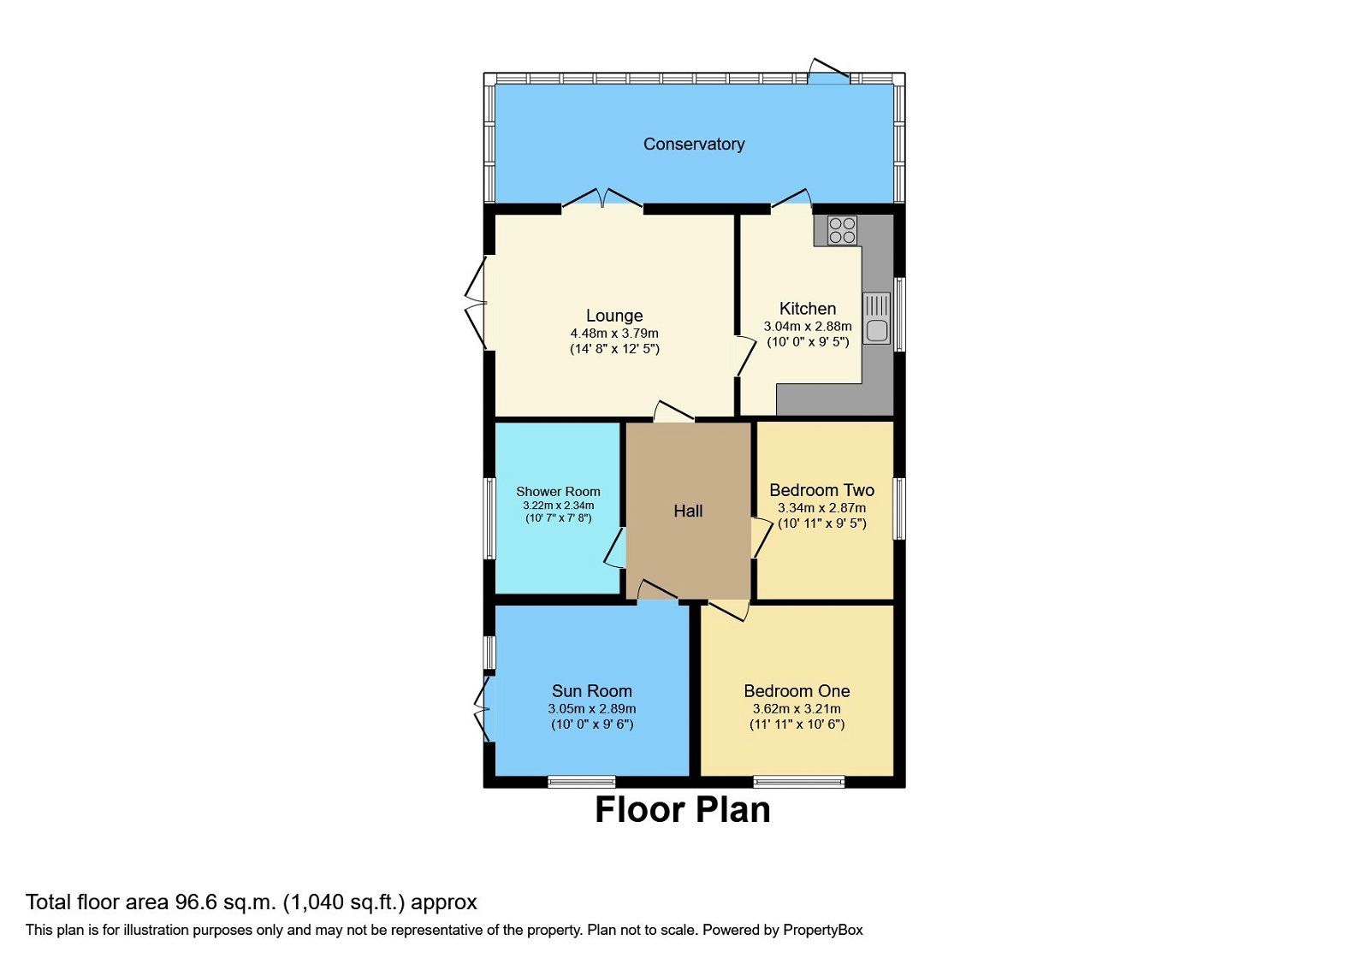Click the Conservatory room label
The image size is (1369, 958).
pos(693,144)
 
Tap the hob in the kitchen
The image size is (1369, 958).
pos(842,231)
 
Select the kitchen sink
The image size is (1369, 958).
pos(876,317)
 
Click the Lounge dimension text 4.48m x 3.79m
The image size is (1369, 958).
pos(614,334)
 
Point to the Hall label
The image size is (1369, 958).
pos(688,511)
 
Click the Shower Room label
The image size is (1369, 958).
pos(558,491)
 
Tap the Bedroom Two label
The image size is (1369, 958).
pos(821,490)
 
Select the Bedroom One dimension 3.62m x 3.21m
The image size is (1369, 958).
pos(797,708)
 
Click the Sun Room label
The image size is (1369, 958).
pos(591,690)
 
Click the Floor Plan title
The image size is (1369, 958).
pos(682,809)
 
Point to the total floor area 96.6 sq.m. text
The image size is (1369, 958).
pos(251,902)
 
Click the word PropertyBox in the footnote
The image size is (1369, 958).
pos(822,930)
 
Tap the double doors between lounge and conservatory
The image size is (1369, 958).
pos(602,198)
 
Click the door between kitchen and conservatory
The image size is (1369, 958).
pos(791,200)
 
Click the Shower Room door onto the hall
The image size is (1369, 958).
pos(614,548)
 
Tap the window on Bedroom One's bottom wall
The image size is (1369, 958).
pos(798,781)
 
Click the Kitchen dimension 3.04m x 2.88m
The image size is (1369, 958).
pos(807,326)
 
